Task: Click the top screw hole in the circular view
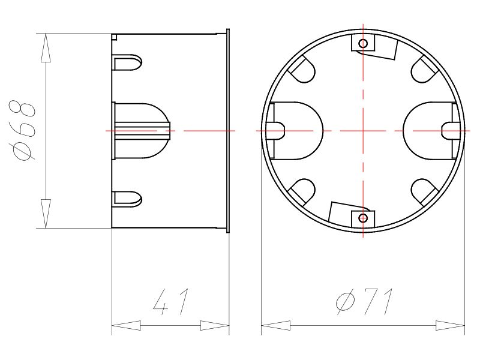tap(362, 44)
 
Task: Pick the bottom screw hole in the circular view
tap(362, 218)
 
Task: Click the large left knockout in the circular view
tap(297, 131)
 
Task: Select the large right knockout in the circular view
tap(429, 131)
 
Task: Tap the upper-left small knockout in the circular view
tap(302, 72)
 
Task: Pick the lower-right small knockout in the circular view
tap(424, 190)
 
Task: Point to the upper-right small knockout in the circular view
tap(424, 71)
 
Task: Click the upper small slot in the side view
tap(128, 62)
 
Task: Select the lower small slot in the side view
tap(128, 198)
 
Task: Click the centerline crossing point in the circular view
tap(362, 131)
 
